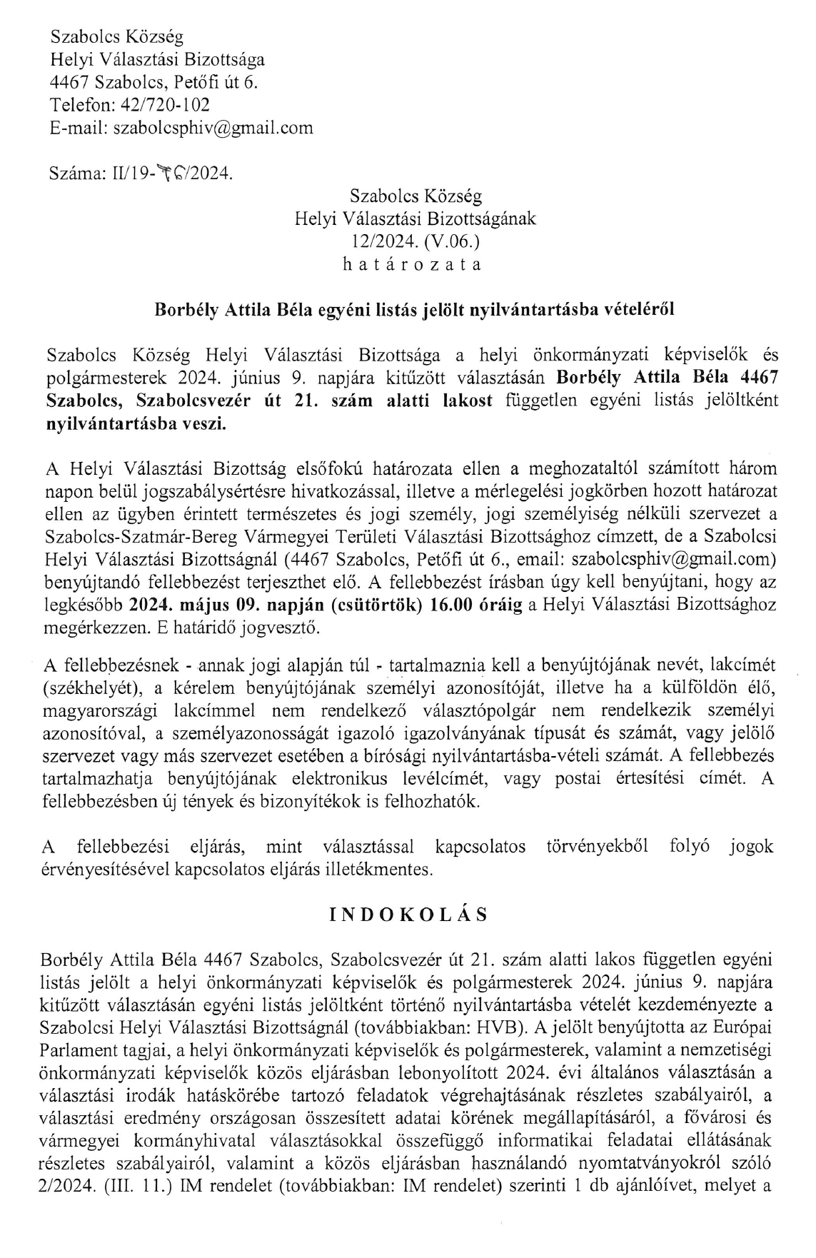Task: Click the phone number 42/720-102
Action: (166, 105)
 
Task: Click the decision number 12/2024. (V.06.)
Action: (414, 241)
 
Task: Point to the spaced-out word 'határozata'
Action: (412, 264)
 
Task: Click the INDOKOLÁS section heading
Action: (409, 915)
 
